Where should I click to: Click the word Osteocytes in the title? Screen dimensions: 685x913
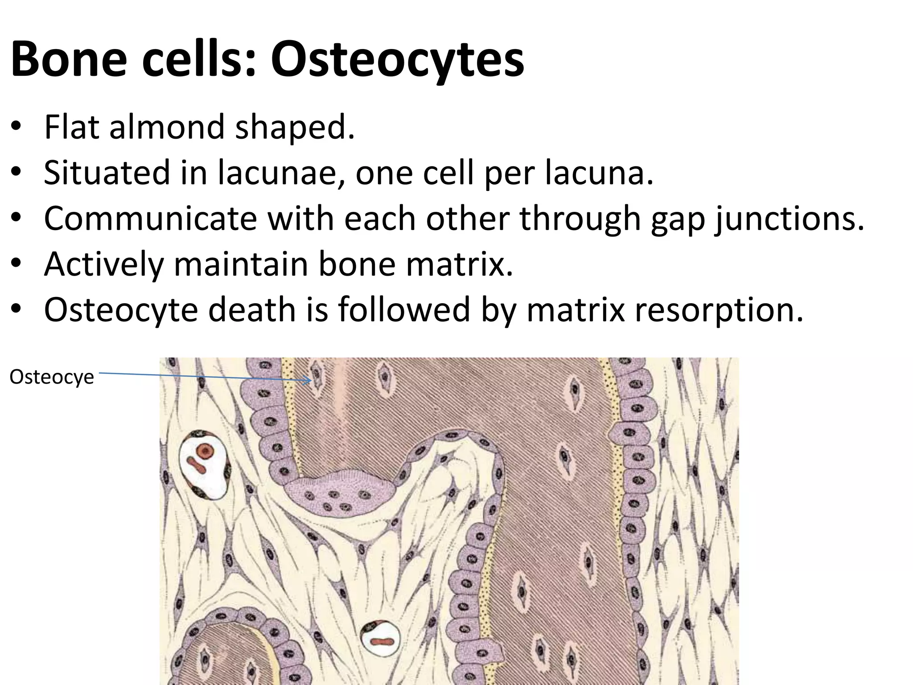pos(397,59)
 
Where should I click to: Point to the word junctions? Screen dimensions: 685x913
pos(790,219)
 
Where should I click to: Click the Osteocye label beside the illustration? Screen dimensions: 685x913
pos(52,377)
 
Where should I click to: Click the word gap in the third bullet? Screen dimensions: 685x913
pos(678,219)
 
